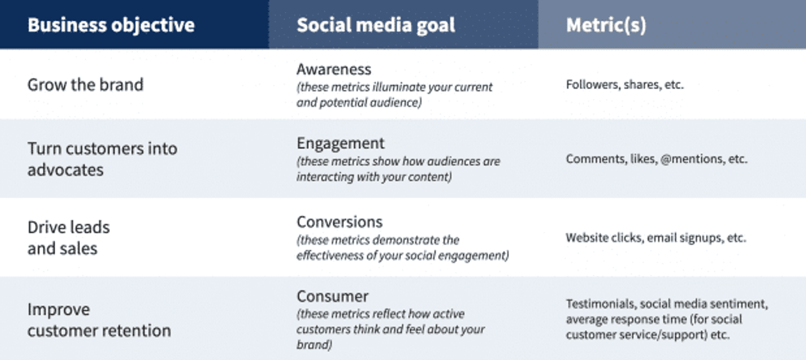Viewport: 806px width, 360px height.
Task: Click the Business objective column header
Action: point(111,25)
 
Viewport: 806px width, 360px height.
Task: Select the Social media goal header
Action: point(376,25)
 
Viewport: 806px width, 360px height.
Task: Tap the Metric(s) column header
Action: point(606,25)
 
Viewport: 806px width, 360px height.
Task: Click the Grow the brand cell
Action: point(85,85)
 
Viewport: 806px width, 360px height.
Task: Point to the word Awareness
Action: point(334,69)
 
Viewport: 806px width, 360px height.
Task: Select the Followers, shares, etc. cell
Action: point(625,85)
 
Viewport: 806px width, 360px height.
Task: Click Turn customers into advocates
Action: point(102,158)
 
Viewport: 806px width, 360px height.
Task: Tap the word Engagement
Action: point(340,143)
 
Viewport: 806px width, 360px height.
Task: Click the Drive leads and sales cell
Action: point(68,237)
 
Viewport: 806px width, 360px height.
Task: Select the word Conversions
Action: point(339,222)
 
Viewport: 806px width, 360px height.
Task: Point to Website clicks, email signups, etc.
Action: point(656,237)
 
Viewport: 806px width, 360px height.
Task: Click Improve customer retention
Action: point(98,320)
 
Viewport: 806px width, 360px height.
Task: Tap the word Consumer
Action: point(332,296)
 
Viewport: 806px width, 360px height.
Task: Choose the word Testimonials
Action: point(600,304)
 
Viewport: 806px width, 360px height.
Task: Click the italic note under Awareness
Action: point(394,95)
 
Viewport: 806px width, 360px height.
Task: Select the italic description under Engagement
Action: point(398,169)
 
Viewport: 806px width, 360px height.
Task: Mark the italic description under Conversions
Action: point(402,248)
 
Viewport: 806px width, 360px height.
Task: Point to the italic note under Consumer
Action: point(390,329)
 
